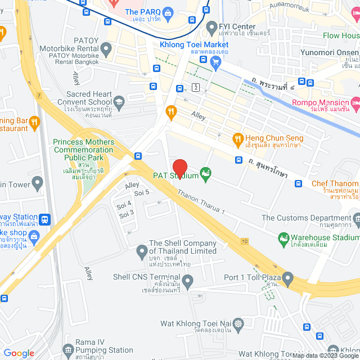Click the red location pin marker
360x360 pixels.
pos(179,168)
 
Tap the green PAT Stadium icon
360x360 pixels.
pos(206,175)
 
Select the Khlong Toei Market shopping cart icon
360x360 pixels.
pos(215,64)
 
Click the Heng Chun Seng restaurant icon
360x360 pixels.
pos(237,138)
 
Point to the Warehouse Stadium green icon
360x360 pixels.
pos(284,239)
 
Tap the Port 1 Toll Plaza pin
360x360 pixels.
pos(288,277)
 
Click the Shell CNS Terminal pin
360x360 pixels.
pos(188,280)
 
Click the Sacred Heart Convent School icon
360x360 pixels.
pos(119,102)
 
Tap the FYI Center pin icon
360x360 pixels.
pos(212,26)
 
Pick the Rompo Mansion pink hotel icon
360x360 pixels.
pos(354,103)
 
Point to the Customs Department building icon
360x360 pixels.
pos(355,218)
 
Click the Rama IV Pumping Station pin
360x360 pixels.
pos(68,349)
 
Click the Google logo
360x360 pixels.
pos(19,353)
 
